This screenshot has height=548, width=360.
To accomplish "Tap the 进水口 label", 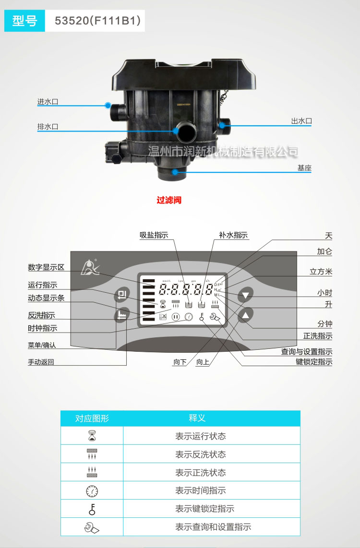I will click(x=48, y=102).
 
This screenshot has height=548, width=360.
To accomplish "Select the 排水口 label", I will click(x=48, y=127).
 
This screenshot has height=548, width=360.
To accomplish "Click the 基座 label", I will click(x=304, y=168).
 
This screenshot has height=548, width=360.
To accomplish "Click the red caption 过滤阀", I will click(x=169, y=200).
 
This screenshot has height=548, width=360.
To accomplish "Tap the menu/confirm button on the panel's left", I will click(x=121, y=295).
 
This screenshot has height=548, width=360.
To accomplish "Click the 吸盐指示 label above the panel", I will click(x=154, y=235).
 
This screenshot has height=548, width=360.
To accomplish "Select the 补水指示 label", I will click(x=233, y=235).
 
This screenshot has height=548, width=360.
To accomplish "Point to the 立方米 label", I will click(x=321, y=272).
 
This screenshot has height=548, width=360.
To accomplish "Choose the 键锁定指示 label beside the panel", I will click(x=314, y=362).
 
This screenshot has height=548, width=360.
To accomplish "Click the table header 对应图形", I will click(x=92, y=418).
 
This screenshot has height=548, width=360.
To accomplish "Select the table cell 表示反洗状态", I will click(x=200, y=454).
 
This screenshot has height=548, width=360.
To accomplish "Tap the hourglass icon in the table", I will click(x=92, y=436).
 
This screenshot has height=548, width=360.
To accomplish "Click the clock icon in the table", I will click(x=92, y=491).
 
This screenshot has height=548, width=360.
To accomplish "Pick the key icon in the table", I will click(x=92, y=509).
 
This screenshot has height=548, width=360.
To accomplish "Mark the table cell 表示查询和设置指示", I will click(x=213, y=527).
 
